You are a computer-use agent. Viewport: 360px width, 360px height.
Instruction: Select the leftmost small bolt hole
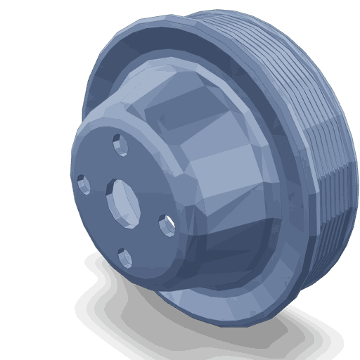click(x=84, y=185)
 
